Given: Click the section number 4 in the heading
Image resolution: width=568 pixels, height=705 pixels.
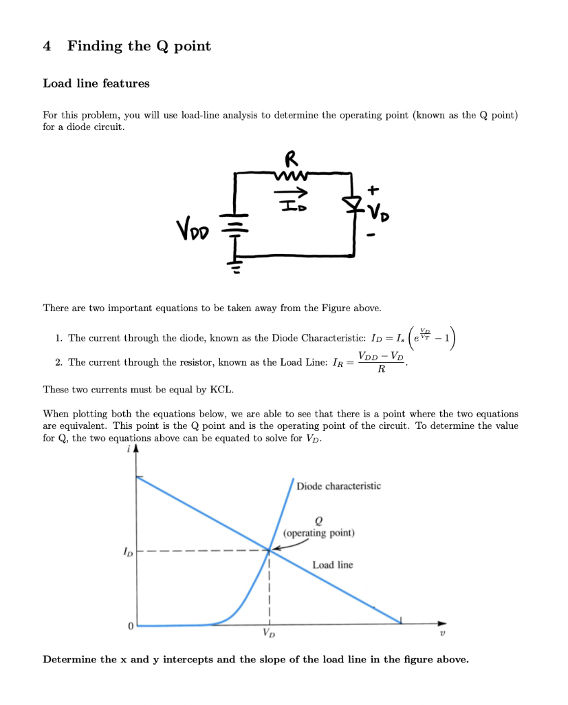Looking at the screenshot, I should pos(47,46).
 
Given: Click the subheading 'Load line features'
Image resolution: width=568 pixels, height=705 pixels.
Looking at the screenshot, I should pos(96,83).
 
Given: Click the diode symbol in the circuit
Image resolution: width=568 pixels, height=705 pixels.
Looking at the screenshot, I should pos(352,204).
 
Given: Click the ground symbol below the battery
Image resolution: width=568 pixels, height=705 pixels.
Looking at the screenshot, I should pos(236,264).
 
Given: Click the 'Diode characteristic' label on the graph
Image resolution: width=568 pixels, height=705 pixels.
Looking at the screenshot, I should pos(338,486).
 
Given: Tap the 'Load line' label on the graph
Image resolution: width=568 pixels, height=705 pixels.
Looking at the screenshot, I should pos(332,565).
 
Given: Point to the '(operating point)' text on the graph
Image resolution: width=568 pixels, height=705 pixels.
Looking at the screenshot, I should pos(318,533).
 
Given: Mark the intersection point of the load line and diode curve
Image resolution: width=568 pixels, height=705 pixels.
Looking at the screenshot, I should pos(270,549).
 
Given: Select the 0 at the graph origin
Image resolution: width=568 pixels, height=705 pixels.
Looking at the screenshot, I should pos(129,627).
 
